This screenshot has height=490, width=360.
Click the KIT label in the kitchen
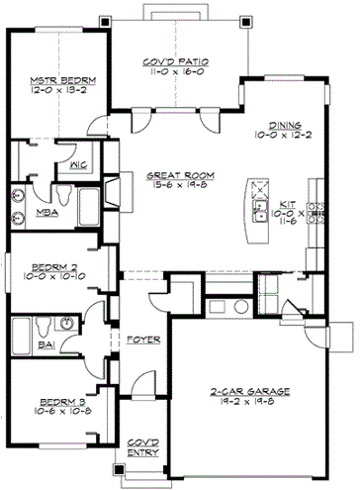point(290,201)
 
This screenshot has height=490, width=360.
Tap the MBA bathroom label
point(45,212)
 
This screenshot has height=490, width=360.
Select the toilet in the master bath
point(20,196)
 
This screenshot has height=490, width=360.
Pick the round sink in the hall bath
point(64,323)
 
